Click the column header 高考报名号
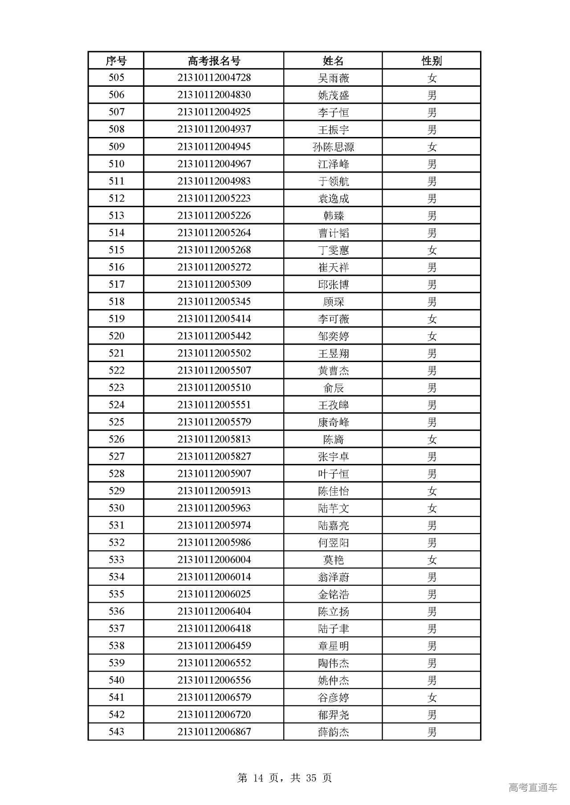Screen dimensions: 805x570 (214, 60)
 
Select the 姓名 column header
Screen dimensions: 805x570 (333, 60)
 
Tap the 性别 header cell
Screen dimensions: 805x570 (432, 60)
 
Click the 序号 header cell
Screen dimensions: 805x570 (116, 60)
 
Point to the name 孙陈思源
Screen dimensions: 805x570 (333, 147)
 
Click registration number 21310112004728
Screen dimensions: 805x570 (214, 78)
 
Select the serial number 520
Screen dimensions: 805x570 (116, 336)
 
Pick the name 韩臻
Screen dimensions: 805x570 (333, 216)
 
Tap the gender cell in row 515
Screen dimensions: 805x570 (432, 250)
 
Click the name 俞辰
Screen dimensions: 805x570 (333, 388)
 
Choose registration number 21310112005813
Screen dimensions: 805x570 (214, 439)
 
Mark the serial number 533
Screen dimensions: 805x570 (116, 560)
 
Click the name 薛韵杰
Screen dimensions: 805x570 (333, 732)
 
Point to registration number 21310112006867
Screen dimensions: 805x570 (214, 732)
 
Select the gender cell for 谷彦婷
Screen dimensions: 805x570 (432, 697)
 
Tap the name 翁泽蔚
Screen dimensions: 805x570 (333, 577)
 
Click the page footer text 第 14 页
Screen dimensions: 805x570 (258, 777)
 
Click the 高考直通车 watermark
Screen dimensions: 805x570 (533, 787)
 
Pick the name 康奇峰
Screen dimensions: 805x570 (333, 422)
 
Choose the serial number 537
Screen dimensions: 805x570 (116, 629)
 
